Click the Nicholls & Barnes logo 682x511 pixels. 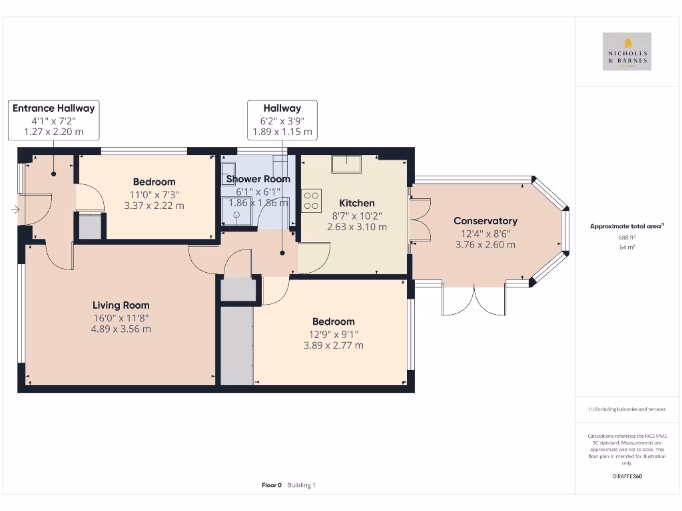[627, 52]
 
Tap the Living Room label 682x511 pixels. [121, 305]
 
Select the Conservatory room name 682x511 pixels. [485, 221]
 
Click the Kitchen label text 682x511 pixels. [357, 203]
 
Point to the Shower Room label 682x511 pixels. [258, 179]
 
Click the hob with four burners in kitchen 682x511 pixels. [311, 201]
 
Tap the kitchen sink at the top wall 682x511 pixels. [347, 164]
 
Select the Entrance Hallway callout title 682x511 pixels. [53, 108]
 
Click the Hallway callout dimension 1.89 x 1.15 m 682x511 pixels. [282, 132]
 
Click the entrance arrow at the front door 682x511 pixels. [15, 210]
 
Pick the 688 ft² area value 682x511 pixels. [627, 237]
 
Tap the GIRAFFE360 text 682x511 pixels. [627, 476]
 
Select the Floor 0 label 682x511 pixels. [272, 485]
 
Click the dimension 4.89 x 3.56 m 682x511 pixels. [121, 329]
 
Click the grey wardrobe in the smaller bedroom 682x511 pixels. [89, 227]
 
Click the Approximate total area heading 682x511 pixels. [625, 226]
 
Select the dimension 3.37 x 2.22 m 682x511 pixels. [154, 206]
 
